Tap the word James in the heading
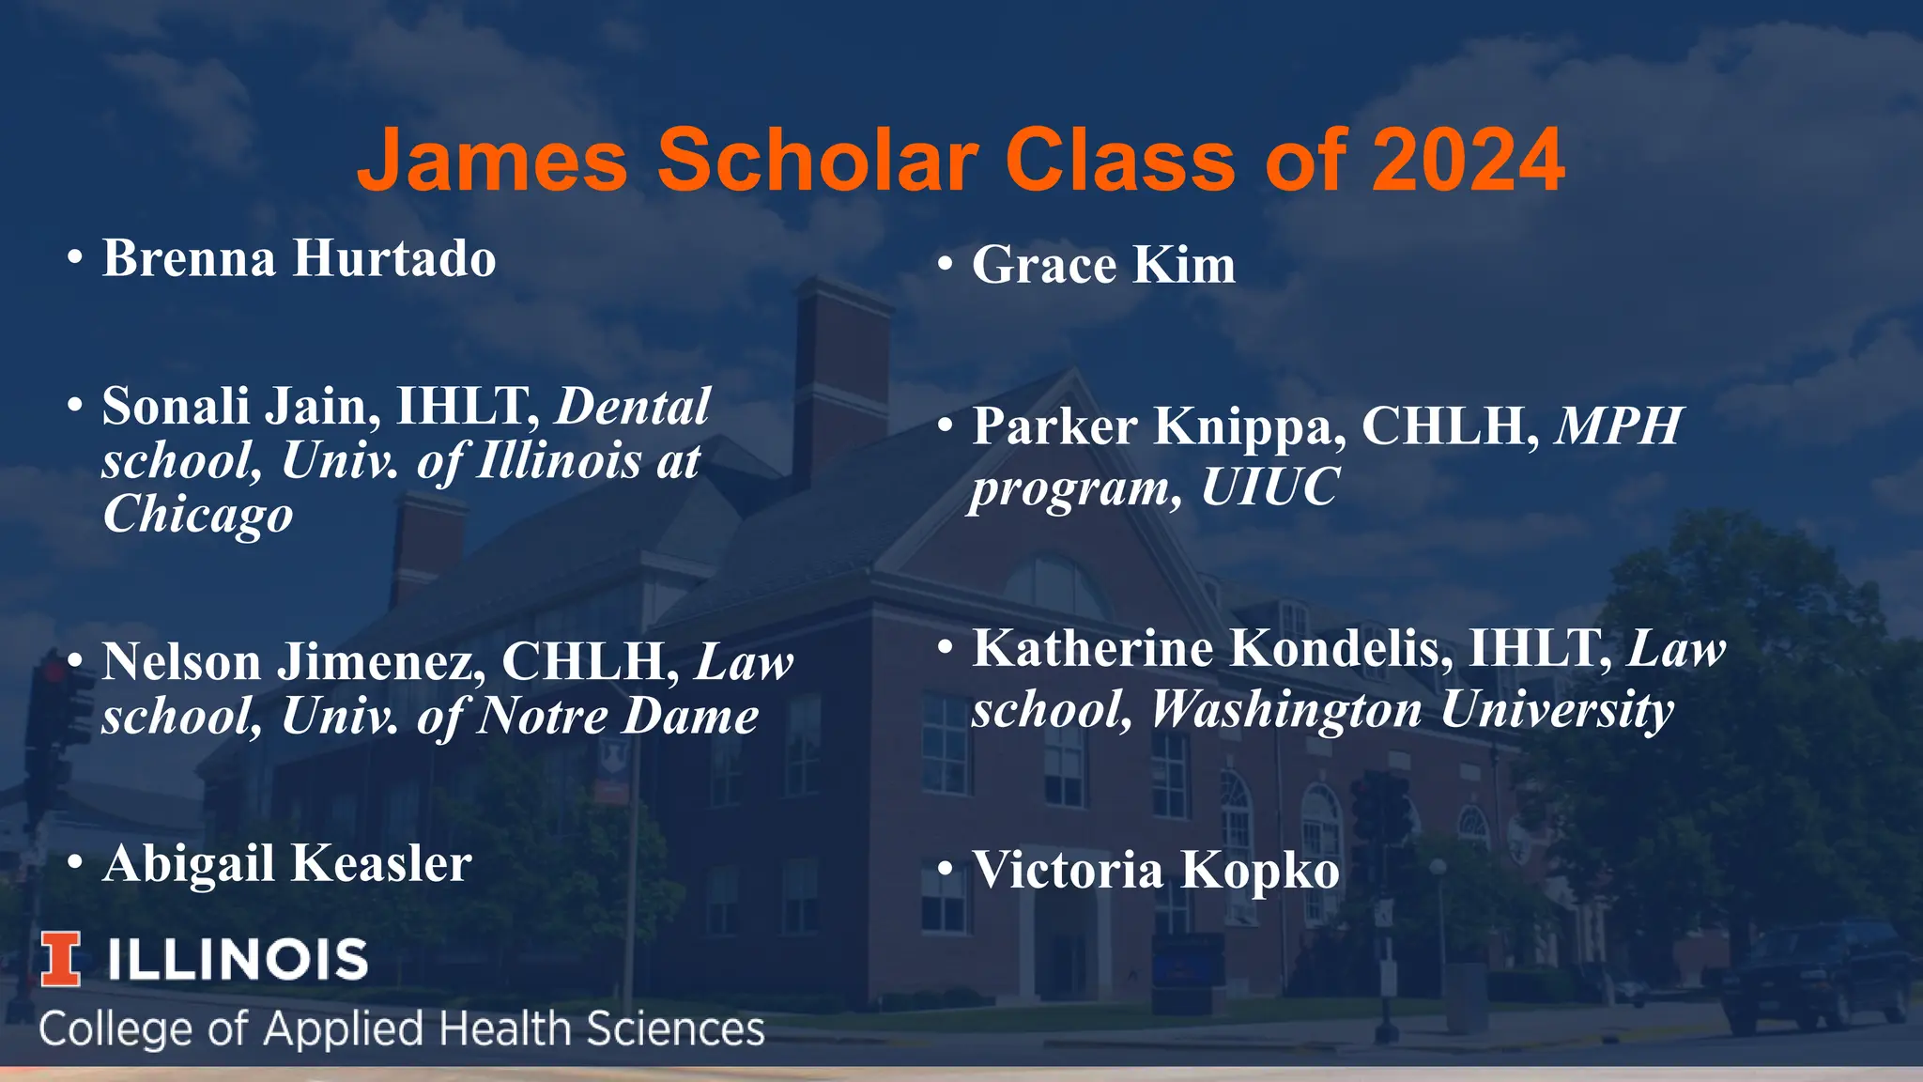491,160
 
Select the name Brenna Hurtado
299,258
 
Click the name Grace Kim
1103,265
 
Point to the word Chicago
198,515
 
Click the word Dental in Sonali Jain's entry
633,407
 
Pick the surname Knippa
1248,426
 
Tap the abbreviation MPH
1618,426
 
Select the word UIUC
1269,487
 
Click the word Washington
1285,709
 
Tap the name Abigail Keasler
286,864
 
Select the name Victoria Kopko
1156,870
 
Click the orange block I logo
61,959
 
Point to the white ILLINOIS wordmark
237,960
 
